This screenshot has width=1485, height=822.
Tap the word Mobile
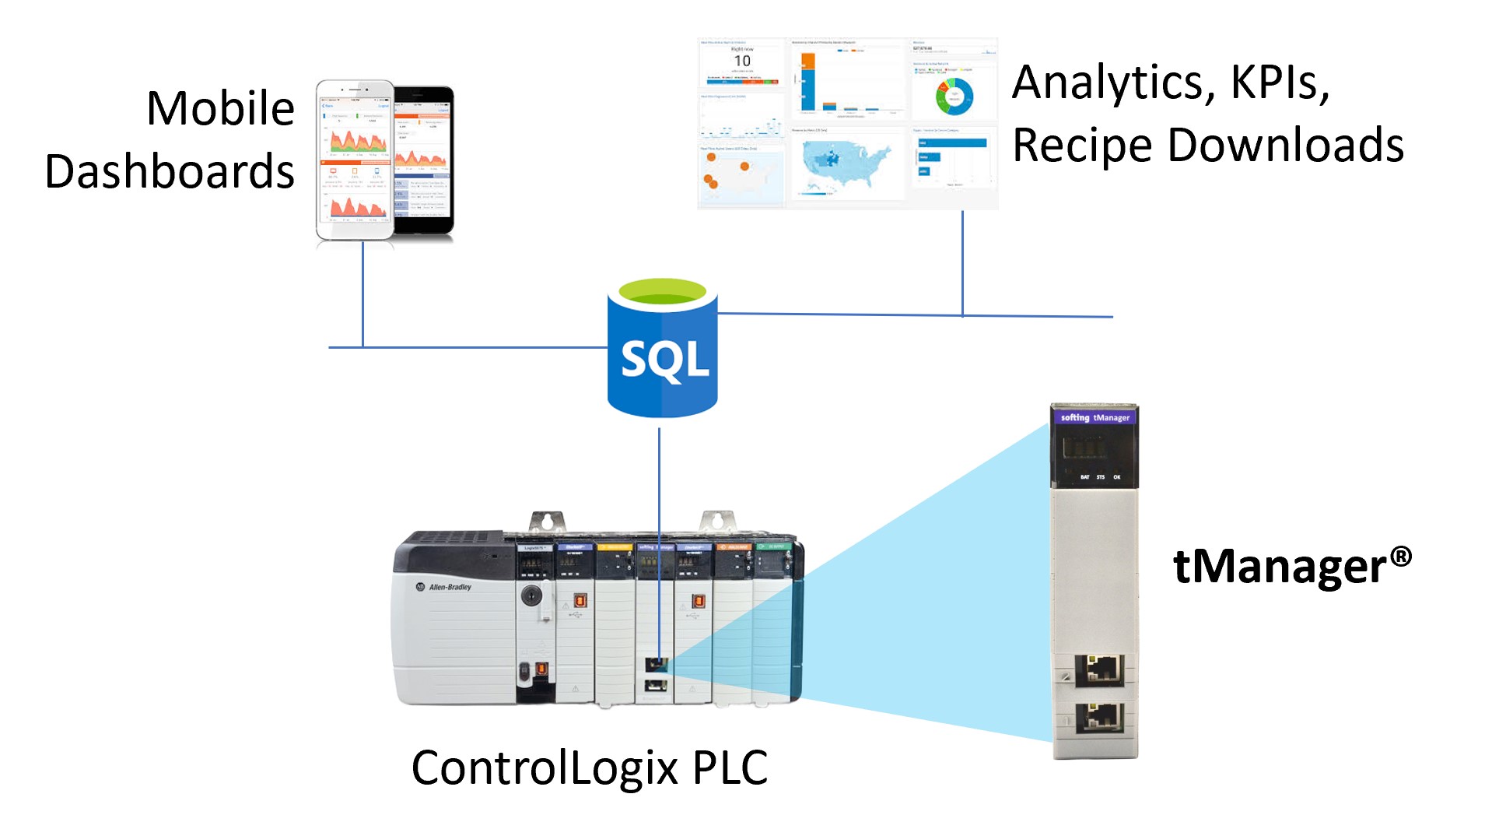point(220,108)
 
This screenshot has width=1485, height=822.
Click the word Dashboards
point(170,172)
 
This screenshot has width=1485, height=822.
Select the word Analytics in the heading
point(1109,83)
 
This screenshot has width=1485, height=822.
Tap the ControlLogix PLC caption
point(589,768)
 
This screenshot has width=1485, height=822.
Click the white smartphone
point(355,160)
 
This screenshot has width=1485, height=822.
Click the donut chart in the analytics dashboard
point(954,95)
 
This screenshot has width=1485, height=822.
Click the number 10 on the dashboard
point(742,61)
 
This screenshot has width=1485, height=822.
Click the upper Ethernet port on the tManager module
point(1099,669)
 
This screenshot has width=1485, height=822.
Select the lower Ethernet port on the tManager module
point(1099,715)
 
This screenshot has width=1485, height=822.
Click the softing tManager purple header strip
point(1094,418)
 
